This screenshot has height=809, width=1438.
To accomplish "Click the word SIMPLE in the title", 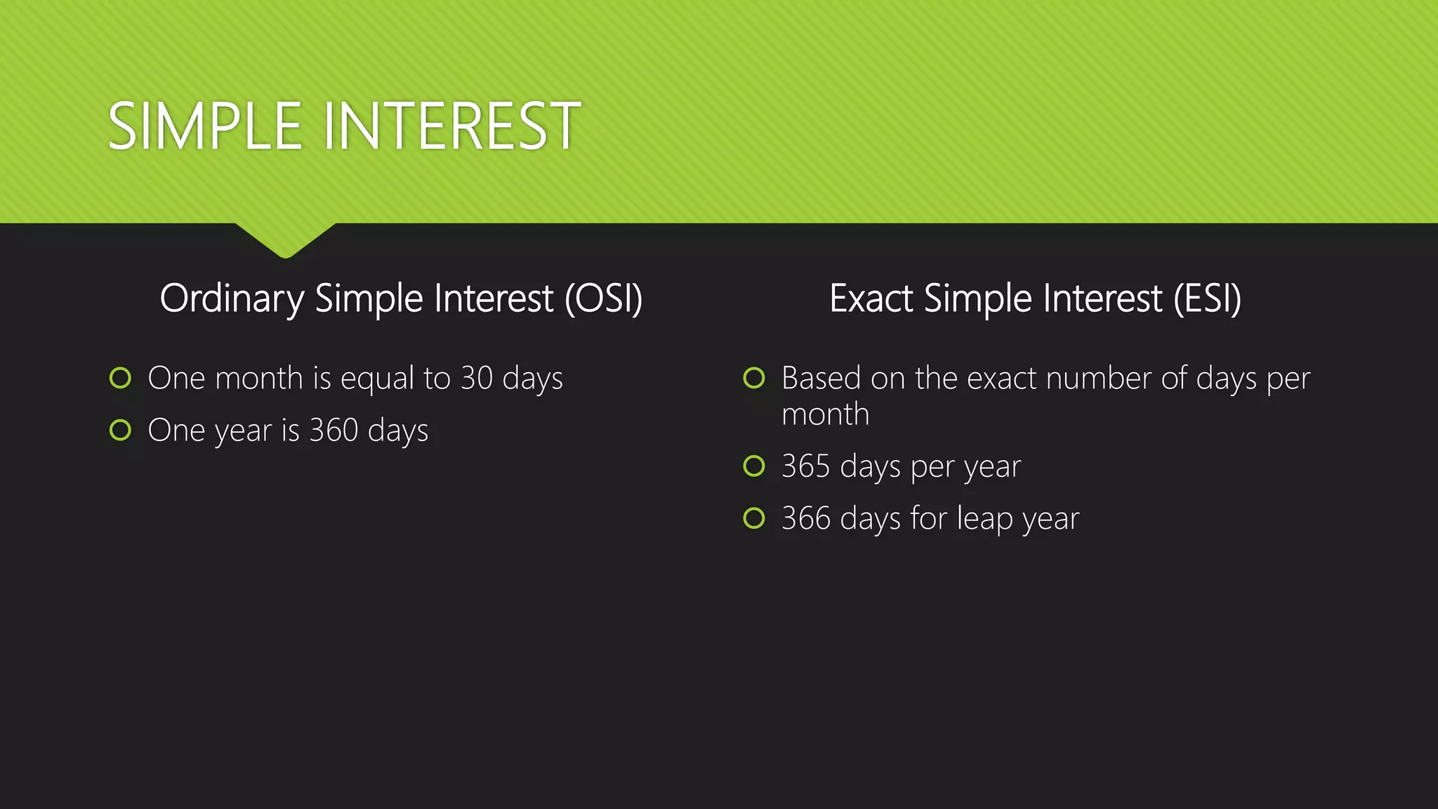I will point(204,126).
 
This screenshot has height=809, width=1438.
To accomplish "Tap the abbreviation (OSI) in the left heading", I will point(604,298).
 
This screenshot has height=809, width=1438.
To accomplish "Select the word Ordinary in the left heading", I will point(232,298).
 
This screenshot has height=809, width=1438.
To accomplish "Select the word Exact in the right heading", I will point(871,298).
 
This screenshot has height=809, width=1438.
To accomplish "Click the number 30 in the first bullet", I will point(477,379).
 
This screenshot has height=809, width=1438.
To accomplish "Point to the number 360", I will point(334,430).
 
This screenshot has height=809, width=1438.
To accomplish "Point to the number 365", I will point(806,466).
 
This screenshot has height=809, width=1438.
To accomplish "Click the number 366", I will point(806,518).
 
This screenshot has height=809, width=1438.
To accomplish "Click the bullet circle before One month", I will point(121,378).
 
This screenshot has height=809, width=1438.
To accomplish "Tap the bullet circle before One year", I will point(121,430).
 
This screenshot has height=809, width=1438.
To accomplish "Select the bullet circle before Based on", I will point(754,378).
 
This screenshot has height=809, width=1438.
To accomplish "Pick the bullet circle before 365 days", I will point(754,466).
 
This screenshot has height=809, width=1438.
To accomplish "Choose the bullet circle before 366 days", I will point(754,518).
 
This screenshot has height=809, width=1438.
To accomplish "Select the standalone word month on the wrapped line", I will point(825,414).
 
